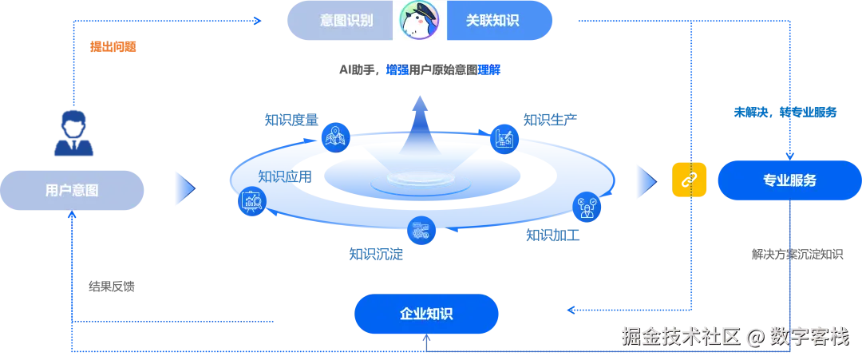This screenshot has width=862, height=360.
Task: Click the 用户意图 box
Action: click(x=72, y=190)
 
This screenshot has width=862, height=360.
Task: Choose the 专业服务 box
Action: click(x=788, y=180)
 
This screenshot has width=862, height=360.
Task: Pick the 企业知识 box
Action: click(x=425, y=313)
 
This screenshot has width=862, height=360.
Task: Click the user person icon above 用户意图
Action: click(x=73, y=134)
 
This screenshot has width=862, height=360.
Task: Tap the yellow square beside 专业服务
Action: click(x=690, y=180)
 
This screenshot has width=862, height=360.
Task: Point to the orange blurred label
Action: click(x=113, y=47)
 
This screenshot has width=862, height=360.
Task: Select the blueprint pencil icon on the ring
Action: click(x=505, y=138)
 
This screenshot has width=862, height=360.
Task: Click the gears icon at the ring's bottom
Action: click(x=420, y=231)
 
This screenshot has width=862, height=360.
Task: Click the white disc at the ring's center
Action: click(x=421, y=180)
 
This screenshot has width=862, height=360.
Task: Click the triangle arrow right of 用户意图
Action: click(x=184, y=187)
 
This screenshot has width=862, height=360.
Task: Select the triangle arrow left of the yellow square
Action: click(x=645, y=180)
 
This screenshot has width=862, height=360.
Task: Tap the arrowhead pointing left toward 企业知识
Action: click(x=572, y=308)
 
